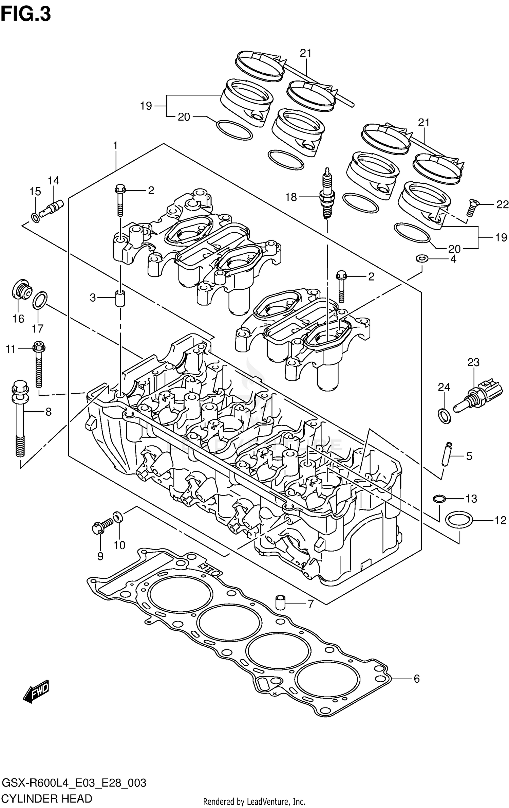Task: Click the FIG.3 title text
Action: [26, 14]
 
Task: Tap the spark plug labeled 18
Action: [327, 195]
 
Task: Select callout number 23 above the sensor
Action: [473, 362]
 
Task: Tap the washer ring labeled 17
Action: [40, 300]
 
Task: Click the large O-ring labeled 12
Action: [459, 520]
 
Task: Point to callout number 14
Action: [53, 181]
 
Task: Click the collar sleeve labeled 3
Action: [119, 298]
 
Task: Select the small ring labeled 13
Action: [439, 498]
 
